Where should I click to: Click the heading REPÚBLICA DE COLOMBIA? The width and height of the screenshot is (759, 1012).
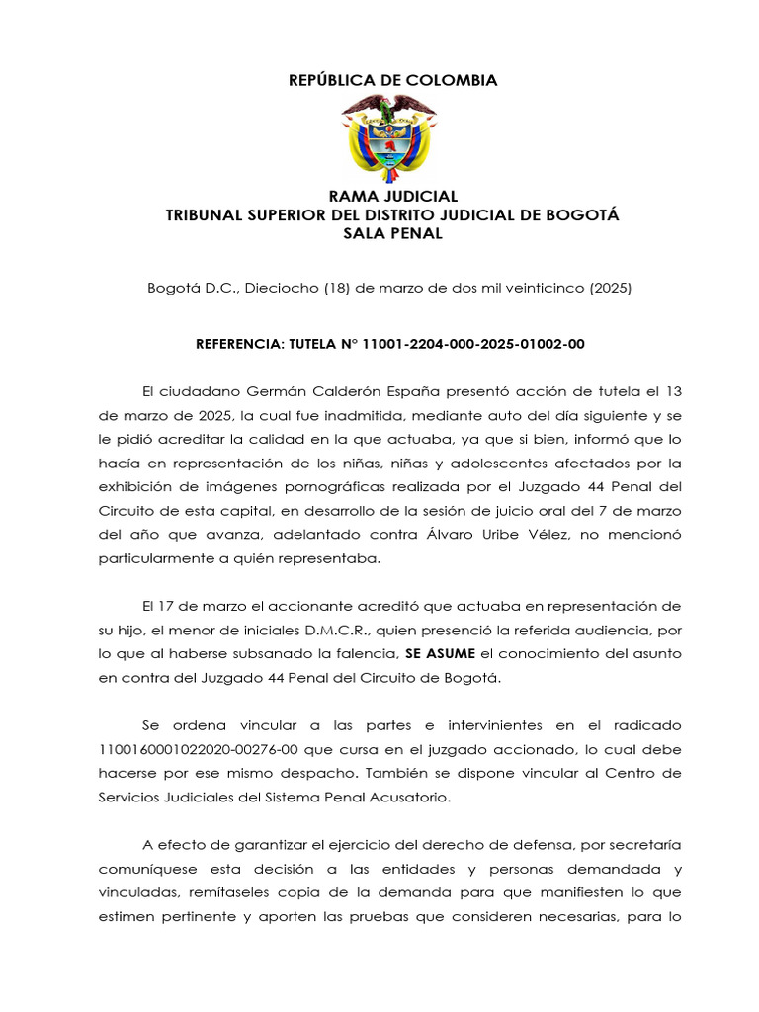[392, 80]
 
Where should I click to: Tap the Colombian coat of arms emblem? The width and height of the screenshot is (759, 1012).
[388, 137]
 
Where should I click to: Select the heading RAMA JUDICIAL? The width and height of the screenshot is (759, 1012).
[392, 197]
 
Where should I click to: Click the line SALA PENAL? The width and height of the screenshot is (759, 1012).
[392, 233]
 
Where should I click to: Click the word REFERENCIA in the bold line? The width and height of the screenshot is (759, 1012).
[240, 344]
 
